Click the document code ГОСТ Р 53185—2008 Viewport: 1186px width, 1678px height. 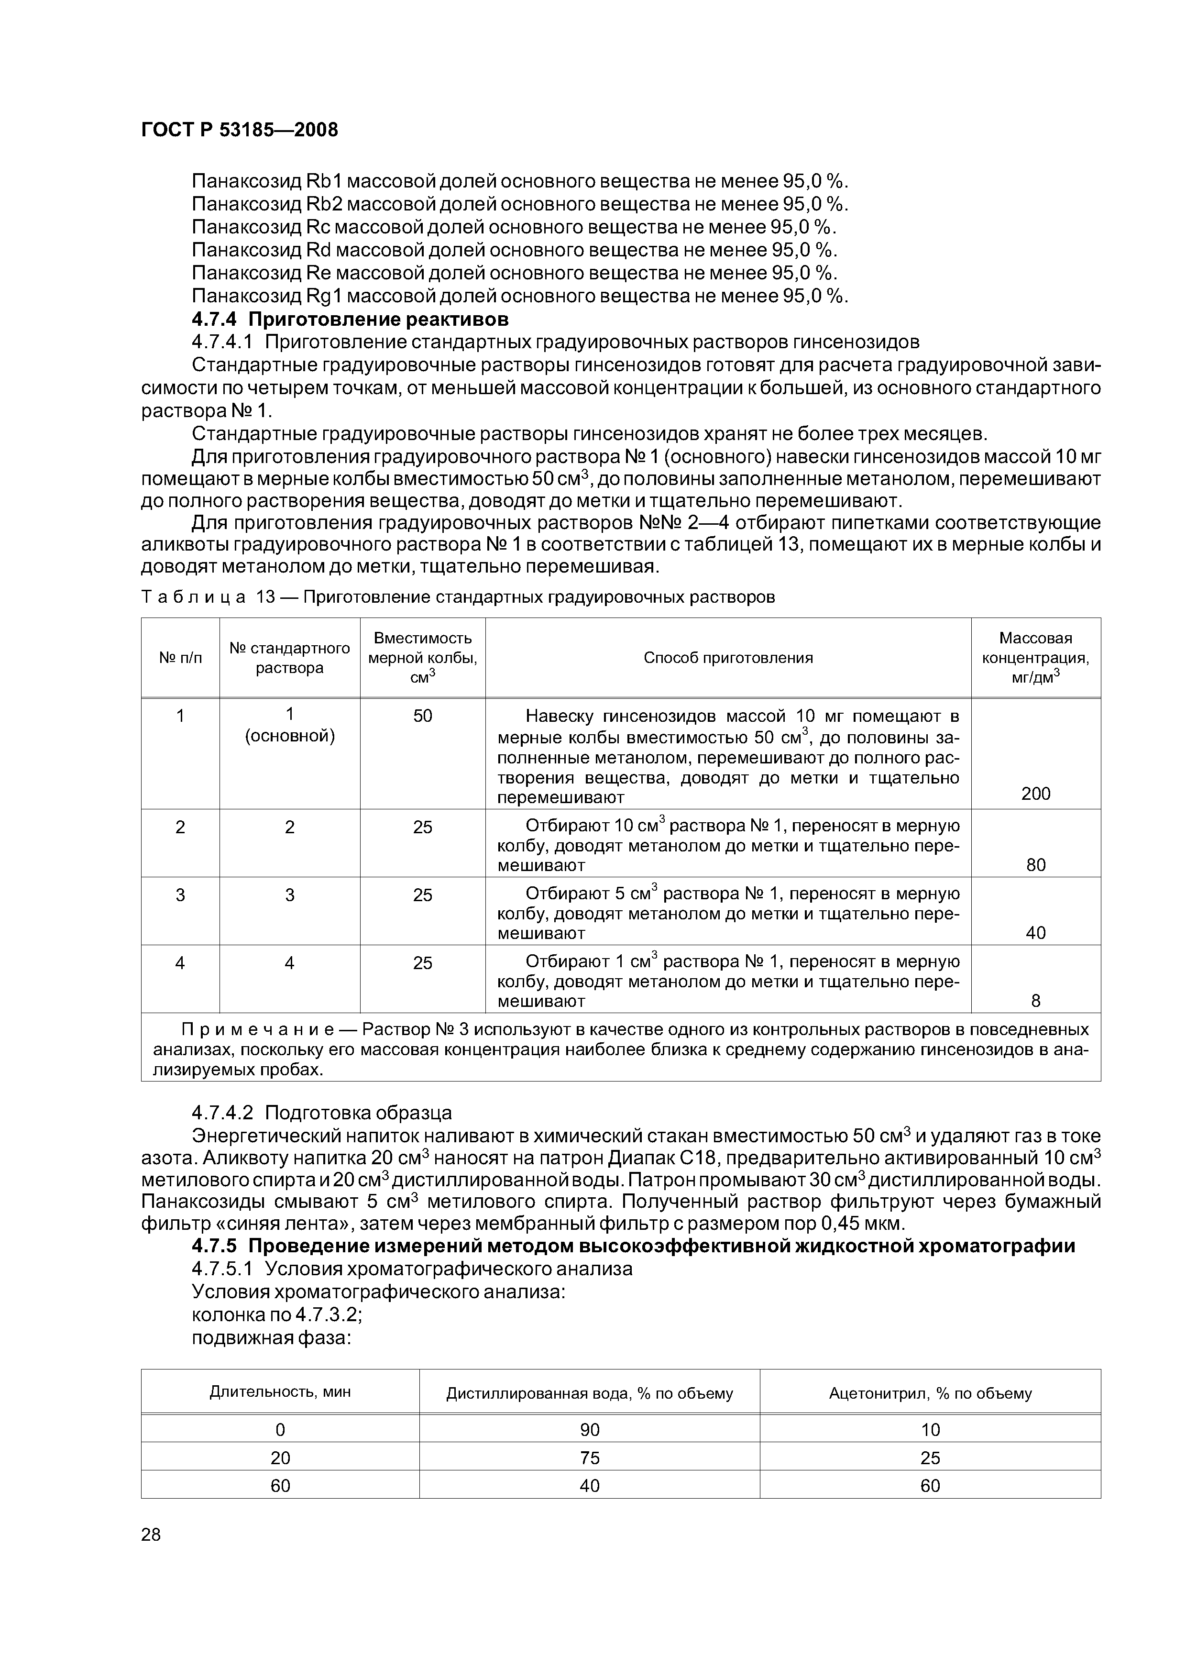point(239,130)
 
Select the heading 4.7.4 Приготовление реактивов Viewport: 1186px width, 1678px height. point(350,320)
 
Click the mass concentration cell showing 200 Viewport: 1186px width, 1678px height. point(1035,794)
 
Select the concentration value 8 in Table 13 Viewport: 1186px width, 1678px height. point(1035,1001)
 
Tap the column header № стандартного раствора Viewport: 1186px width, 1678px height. point(289,658)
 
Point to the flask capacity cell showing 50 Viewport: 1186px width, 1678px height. point(422,716)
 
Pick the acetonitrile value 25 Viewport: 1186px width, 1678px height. point(930,1458)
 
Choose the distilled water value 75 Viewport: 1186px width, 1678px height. point(589,1458)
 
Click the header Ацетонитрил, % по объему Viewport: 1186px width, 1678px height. point(930,1393)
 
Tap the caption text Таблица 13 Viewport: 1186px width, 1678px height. point(208,597)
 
